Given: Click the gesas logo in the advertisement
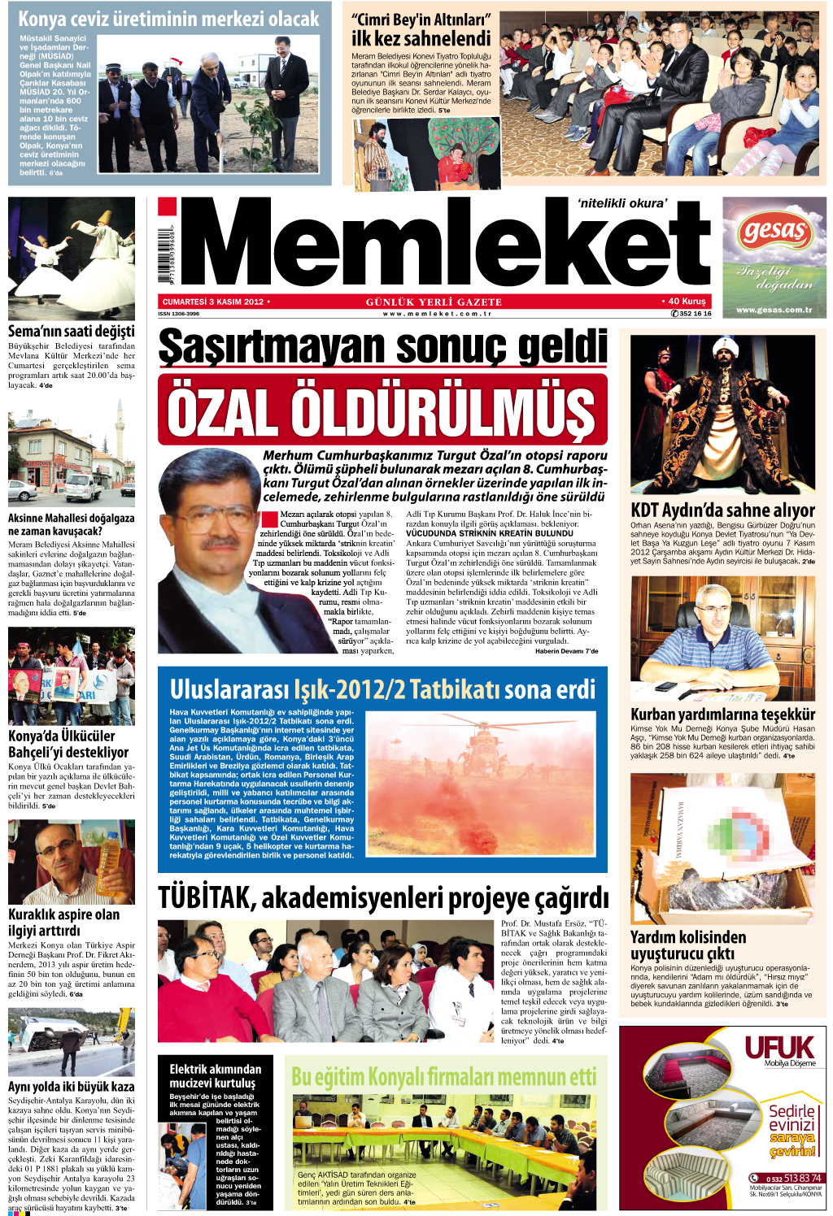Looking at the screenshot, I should click(773, 232).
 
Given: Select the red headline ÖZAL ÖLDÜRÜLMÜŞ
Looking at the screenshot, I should click(382, 410).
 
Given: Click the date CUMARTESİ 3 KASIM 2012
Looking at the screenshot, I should click(213, 302).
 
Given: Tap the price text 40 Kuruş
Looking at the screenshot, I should click(686, 301).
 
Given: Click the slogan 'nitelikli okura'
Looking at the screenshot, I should click(621, 203).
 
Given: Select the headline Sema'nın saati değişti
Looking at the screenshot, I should click(72, 331).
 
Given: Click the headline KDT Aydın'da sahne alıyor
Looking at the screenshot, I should click(722, 510).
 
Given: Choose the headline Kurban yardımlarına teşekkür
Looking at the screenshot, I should click(722, 714).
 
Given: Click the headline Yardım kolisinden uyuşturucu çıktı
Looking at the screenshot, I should click(688, 945).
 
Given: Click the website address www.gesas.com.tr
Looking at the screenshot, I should click(774, 310).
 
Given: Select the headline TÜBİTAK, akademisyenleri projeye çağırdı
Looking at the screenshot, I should click(382, 898).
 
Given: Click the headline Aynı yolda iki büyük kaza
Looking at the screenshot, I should click(72, 1086).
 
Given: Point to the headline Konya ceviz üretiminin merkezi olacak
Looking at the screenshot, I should click(168, 19).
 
